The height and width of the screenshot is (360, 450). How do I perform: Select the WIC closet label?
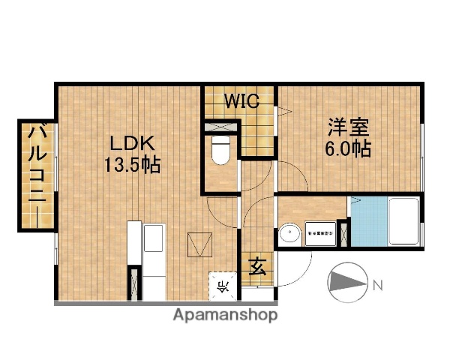[x=241, y=101]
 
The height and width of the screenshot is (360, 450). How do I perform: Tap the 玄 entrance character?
[x=257, y=265]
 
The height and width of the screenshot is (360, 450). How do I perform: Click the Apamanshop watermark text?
[x=225, y=314]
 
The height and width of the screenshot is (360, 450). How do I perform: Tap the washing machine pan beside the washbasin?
[x=321, y=233]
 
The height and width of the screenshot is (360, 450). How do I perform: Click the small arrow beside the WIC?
[x=284, y=112]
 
